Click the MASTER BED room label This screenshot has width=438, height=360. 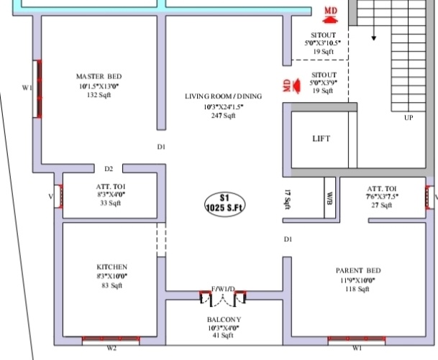[x=99, y=76]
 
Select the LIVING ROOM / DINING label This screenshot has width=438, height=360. [x=223, y=96]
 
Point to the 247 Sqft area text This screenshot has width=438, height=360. [x=223, y=116]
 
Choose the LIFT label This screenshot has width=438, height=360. [x=321, y=139]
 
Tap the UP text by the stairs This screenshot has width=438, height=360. [x=409, y=117]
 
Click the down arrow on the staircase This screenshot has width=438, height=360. [x=374, y=36]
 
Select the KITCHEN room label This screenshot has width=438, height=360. [x=112, y=266]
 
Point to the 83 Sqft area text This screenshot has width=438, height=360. [x=112, y=285]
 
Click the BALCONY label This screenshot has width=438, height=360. [x=223, y=319]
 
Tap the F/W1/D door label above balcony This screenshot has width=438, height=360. [x=223, y=288]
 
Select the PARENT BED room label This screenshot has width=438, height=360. [x=358, y=270]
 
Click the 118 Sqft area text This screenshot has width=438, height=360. [x=357, y=289]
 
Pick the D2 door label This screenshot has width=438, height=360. [x=109, y=170]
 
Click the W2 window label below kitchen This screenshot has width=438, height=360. [x=111, y=349]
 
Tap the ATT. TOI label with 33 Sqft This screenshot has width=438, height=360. [x=111, y=185]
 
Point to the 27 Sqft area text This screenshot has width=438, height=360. [x=380, y=205]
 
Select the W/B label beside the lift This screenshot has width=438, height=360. [x=329, y=196]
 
